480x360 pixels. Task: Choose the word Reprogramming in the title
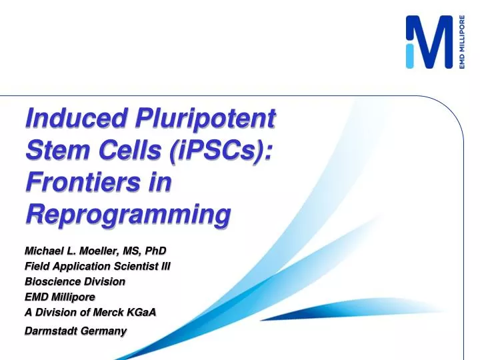tap(127, 214)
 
